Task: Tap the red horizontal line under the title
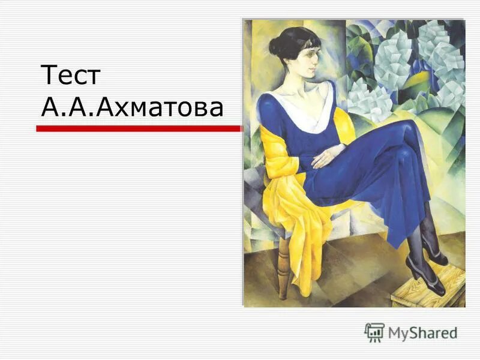[x=138, y=128]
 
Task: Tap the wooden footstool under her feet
[x=427, y=288]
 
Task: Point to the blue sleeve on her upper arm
[x=270, y=120]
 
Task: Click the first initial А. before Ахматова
[x=51, y=108]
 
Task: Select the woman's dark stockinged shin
[x=417, y=240]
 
